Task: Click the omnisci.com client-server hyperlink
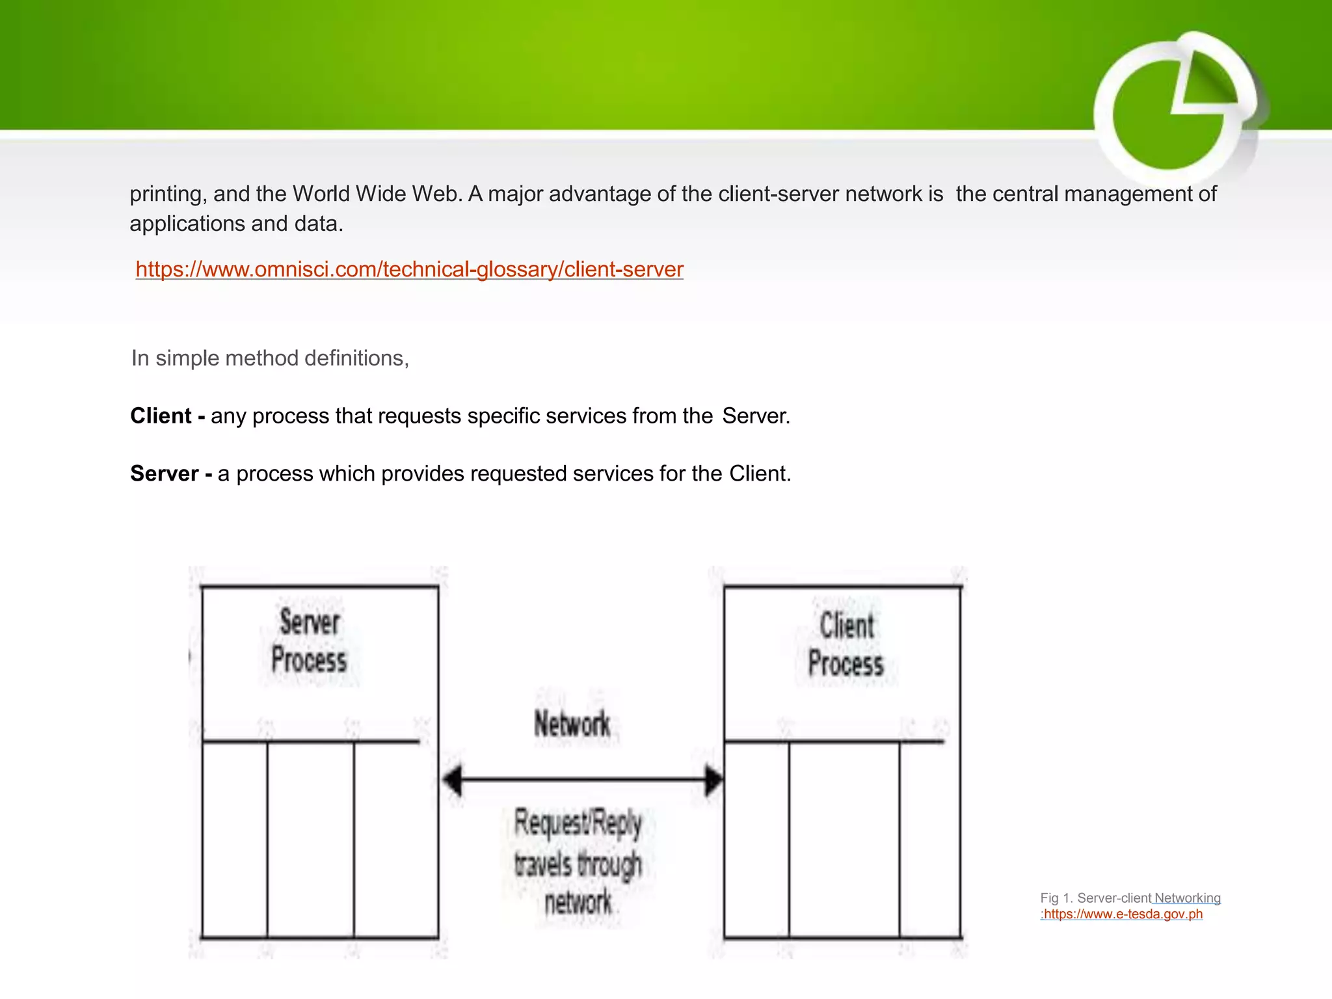click(409, 269)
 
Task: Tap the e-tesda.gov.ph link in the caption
click(1123, 914)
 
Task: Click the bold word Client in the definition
click(161, 416)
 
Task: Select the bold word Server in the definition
click(165, 473)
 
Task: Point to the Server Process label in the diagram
click(309, 641)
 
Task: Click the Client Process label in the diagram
click(846, 645)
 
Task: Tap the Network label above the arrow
click(572, 724)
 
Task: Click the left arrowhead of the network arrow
click(453, 779)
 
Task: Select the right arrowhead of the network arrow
click(713, 779)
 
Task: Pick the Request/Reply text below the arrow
click(578, 823)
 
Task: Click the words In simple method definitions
click(270, 358)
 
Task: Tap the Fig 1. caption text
click(1095, 898)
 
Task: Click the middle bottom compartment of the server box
click(310, 839)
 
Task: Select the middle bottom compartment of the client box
click(844, 839)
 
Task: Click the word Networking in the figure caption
click(1187, 898)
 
